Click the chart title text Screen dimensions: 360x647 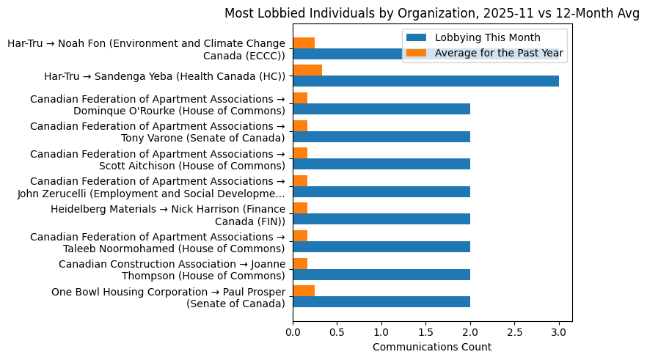click(x=432, y=13)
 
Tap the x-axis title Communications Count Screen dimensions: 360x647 click(x=432, y=347)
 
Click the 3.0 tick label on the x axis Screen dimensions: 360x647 click(x=559, y=331)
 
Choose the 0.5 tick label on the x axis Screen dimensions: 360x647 click(x=337, y=331)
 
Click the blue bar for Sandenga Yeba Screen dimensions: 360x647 click(x=425, y=81)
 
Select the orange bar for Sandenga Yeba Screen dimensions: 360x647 click(x=307, y=70)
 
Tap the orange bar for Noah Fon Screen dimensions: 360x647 click(x=304, y=43)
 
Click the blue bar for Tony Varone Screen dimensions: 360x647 click(x=381, y=136)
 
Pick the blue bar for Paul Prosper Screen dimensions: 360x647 click(x=381, y=301)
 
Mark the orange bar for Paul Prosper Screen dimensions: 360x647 click(x=304, y=290)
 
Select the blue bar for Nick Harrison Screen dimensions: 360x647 click(x=381, y=219)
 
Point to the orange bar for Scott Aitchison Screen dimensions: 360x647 click(x=300, y=153)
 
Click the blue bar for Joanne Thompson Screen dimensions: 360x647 click(x=381, y=274)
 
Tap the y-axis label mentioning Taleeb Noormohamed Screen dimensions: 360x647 click(x=157, y=242)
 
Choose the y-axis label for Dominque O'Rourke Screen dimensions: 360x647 click(x=157, y=105)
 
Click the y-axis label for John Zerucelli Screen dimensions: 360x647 click(x=150, y=187)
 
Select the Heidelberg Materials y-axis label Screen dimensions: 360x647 click(x=168, y=215)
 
